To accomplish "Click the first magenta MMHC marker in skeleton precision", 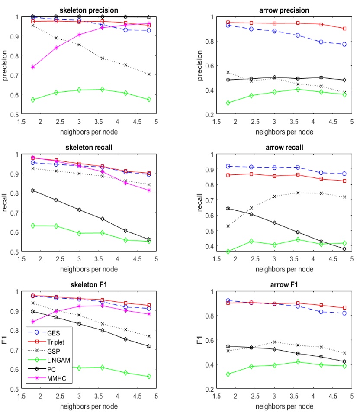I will tap(33, 67).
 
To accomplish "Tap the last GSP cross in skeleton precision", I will tap(149, 74).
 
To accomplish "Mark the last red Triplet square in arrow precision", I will tap(344, 29).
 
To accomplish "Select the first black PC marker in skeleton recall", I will tap(33, 190).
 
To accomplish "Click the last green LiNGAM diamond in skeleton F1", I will tap(149, 377).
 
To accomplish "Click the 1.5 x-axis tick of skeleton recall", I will tap(21, 258).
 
